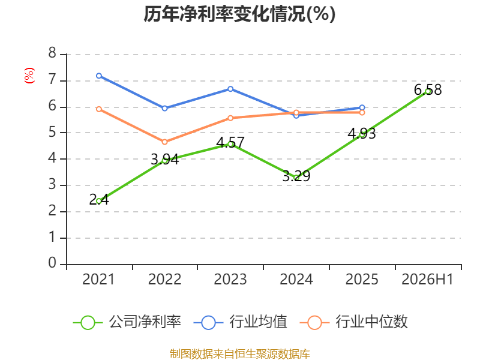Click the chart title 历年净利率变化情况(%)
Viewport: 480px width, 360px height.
pyautogui.click(x=239, y=14)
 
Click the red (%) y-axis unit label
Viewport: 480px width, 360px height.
pyautogui.click(x=29, y=76)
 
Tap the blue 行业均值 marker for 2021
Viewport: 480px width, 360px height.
pyautogui.click(x=99, y=76)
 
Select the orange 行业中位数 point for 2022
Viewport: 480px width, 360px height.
pyautogui.click(x=164, y=142)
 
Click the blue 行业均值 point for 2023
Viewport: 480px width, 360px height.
pyautogui.click(x=230, y=89)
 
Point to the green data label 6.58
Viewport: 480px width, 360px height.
pyautogui.click(x=428, y=89)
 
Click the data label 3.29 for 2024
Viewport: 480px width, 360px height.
pyautogui.click(x=296, y=176)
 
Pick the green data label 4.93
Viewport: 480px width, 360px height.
pyautogui.click(x=362, y=133)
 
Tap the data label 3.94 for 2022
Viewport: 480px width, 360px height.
pyautogui.click(x=164, y=159)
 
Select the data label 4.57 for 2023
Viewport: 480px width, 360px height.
pyautogui.click(x=230, y=142)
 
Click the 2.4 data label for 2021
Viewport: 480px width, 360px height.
pyautogui.click(x=99, y=200)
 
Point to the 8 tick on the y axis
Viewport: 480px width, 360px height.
pyautogui.click(x=52, y=53)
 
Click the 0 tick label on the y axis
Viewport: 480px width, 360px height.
pyautogui.click(x=52, y=263)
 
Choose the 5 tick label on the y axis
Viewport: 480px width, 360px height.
pyautogui.click(x=52, y=132)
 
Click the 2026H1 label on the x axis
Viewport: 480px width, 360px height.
pyautogui.click(x=427, y=279)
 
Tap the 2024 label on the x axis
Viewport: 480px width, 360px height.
pyautogui.click(x=296, y=279)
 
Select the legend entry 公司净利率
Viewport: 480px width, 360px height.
pyautogui.click(x=127, y=322)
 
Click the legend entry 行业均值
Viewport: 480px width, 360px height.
pyautogui.click(x=241, y=322)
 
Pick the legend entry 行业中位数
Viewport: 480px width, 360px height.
pyautogui.click(x=353, y=322)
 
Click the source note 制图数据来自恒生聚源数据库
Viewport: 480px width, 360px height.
pyautogui.click(x=239, y=354)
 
